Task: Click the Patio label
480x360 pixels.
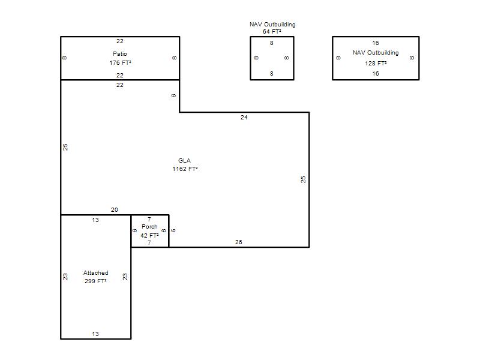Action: [119, 54]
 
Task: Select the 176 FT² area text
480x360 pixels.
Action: [121, 63]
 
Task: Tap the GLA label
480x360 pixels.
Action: [184, 160]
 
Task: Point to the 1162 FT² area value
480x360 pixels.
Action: [185, 169]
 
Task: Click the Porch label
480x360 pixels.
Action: [149, 227]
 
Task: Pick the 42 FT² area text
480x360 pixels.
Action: [149, 235]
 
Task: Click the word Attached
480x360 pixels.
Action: [96, 273]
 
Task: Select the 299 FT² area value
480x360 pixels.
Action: [95, 281]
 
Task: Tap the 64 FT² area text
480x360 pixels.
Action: [272, 32]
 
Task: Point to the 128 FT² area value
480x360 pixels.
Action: [376, 64]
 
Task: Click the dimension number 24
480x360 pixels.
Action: [244, 117]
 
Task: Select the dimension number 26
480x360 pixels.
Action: [238, 242]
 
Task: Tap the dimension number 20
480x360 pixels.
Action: [114, 209]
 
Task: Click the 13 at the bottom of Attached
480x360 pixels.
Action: [95, 334]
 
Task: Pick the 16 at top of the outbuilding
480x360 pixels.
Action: [376, 43]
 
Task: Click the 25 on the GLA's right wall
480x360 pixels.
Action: [303, 179]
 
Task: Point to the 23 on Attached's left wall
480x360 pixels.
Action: [65, 277]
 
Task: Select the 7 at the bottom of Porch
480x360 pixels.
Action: [149, 243]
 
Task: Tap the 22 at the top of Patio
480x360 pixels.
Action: [119, 41]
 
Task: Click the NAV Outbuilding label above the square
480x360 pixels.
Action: [272, 25]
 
